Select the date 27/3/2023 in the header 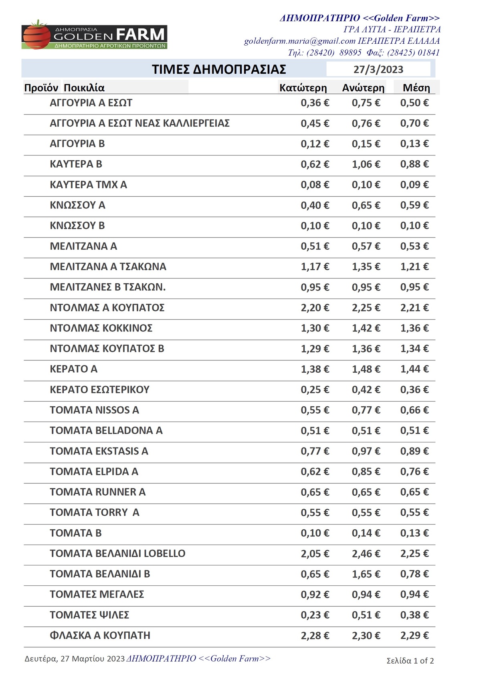[x=378, y=69]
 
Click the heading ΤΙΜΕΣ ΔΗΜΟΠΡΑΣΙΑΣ [x=219, y=69]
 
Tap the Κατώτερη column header [x=303, y=88]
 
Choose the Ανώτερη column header [x=363, y=88]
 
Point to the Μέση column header [x=416, y=88]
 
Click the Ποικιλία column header [x=84, y=88]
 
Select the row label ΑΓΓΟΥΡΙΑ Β [x=77, y=143]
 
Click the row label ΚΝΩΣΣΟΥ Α [x=77, y=205]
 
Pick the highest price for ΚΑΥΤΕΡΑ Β [x=366, y=164]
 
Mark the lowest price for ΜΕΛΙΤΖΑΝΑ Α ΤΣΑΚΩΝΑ [x=315, y=267]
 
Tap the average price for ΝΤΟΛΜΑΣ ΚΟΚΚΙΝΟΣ [x=414, y=328]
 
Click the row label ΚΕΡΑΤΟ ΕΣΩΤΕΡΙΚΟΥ [x=99, y=389]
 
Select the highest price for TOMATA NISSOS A [x=366, y=410]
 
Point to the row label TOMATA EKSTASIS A [x=99, y=451]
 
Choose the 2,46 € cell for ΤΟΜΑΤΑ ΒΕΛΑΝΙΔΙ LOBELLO [x=366, y=554]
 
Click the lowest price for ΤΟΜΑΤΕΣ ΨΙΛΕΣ [x=315, y=615]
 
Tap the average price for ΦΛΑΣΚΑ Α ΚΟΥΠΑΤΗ [x=414, y=636]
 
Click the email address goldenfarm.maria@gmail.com [x=300, y=41]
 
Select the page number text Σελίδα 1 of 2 [x=410, y=661]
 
